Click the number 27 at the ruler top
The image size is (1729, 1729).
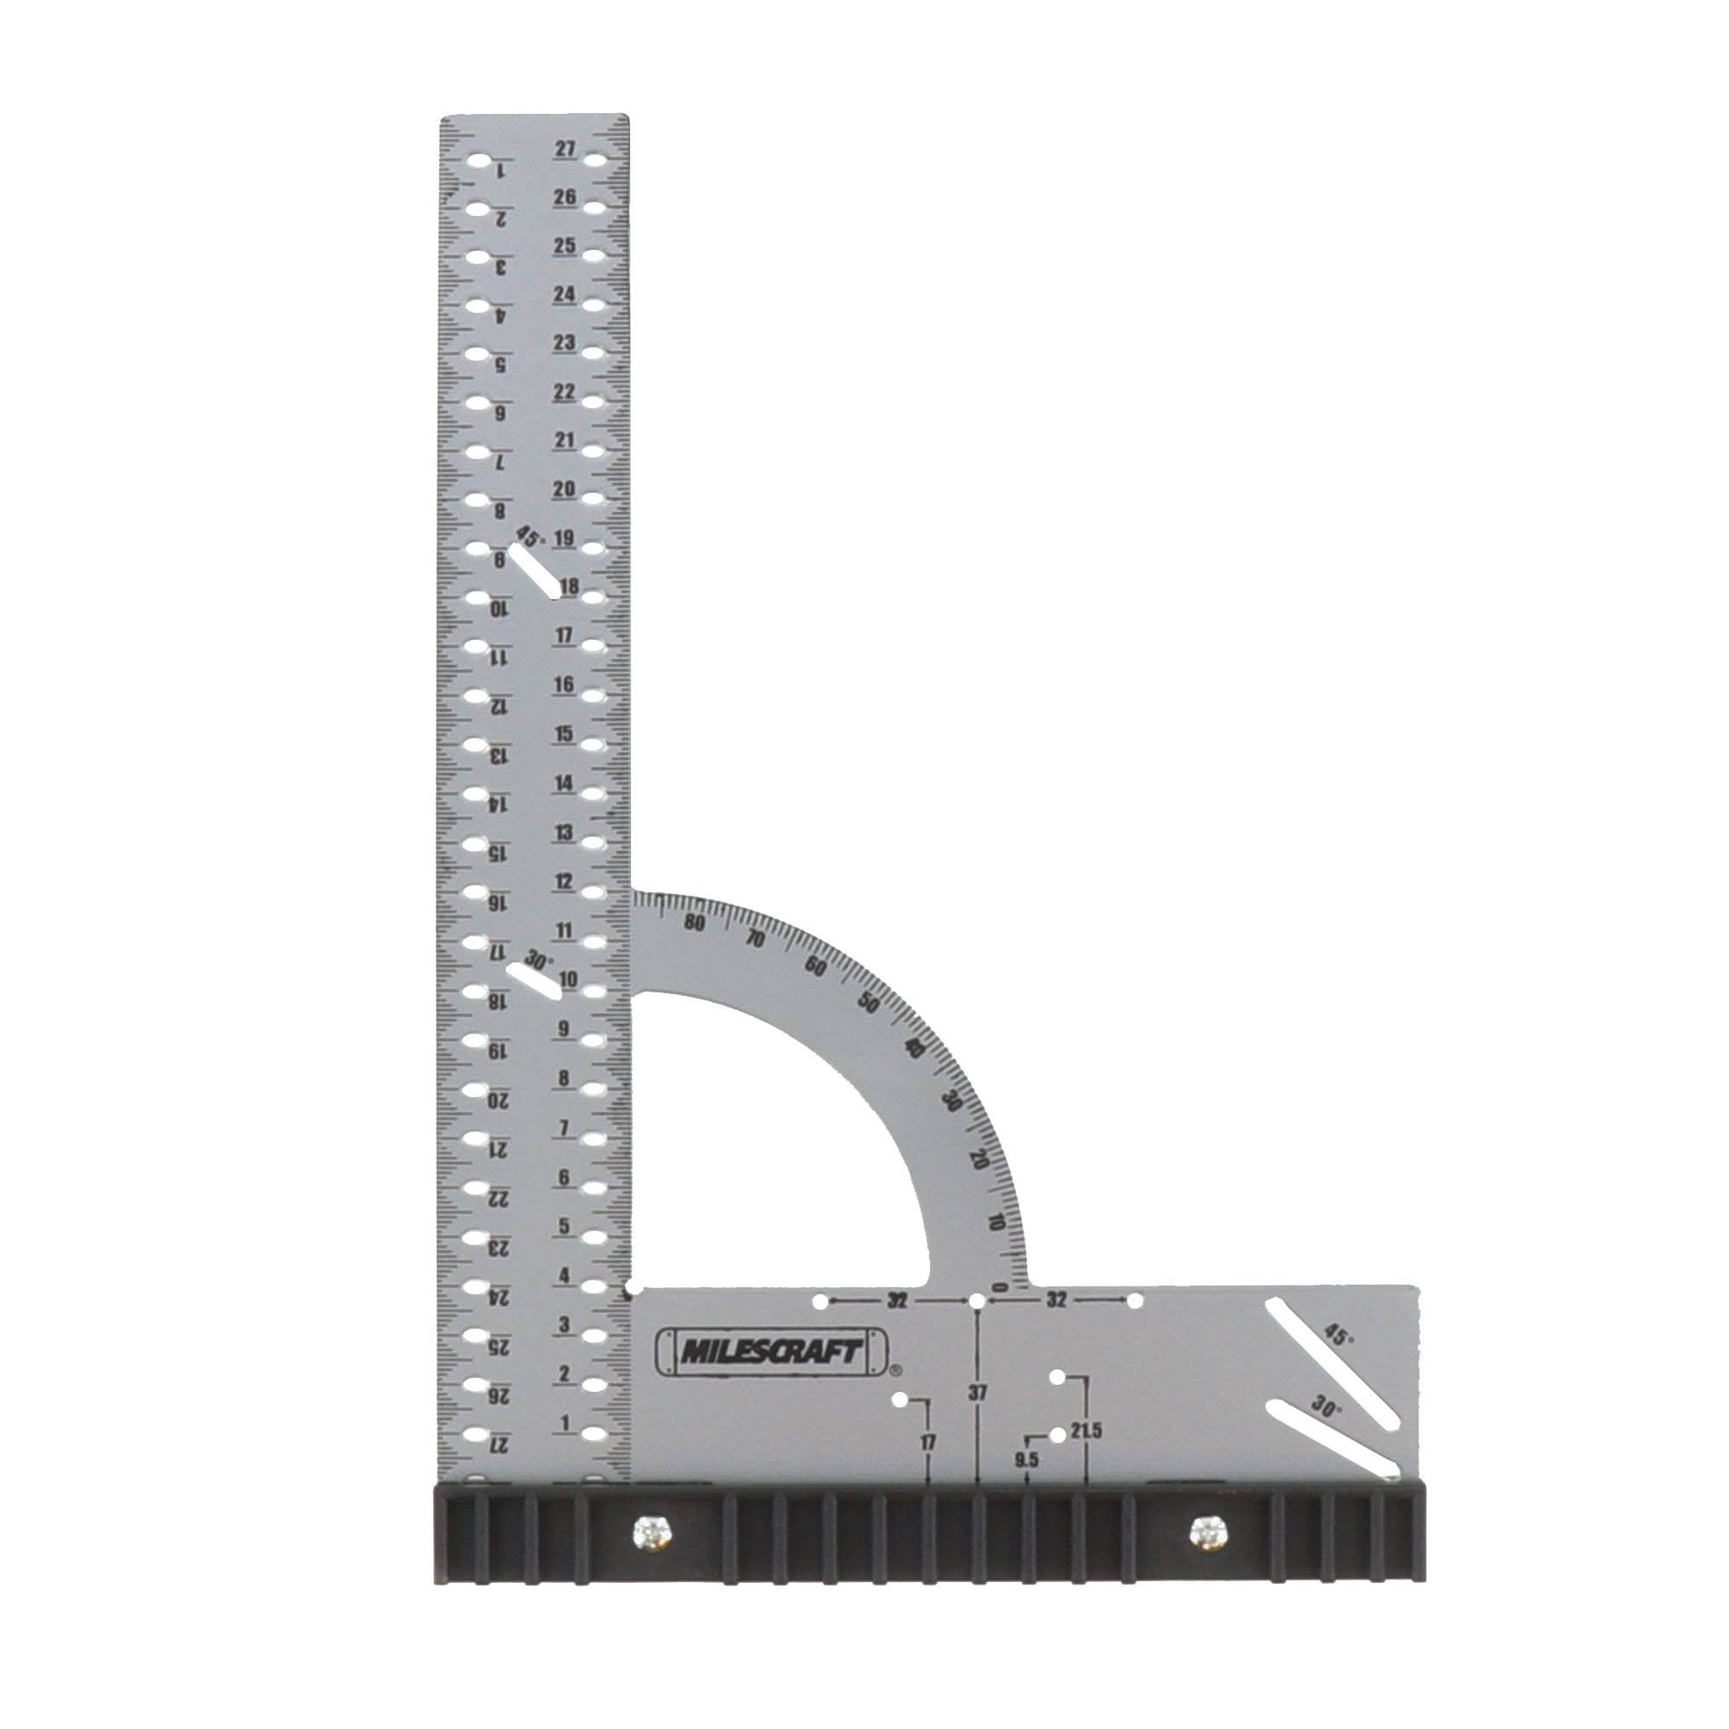click(564, 149)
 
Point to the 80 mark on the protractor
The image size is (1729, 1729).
click(693, 923)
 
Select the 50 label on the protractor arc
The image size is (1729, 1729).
click(867, 1003)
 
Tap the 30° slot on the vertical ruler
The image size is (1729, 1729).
click(534, 982)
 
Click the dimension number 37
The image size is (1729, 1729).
click(977, 1419)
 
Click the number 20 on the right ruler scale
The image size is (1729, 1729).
click(564, 488)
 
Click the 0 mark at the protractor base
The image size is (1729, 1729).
click(1003, 1288)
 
